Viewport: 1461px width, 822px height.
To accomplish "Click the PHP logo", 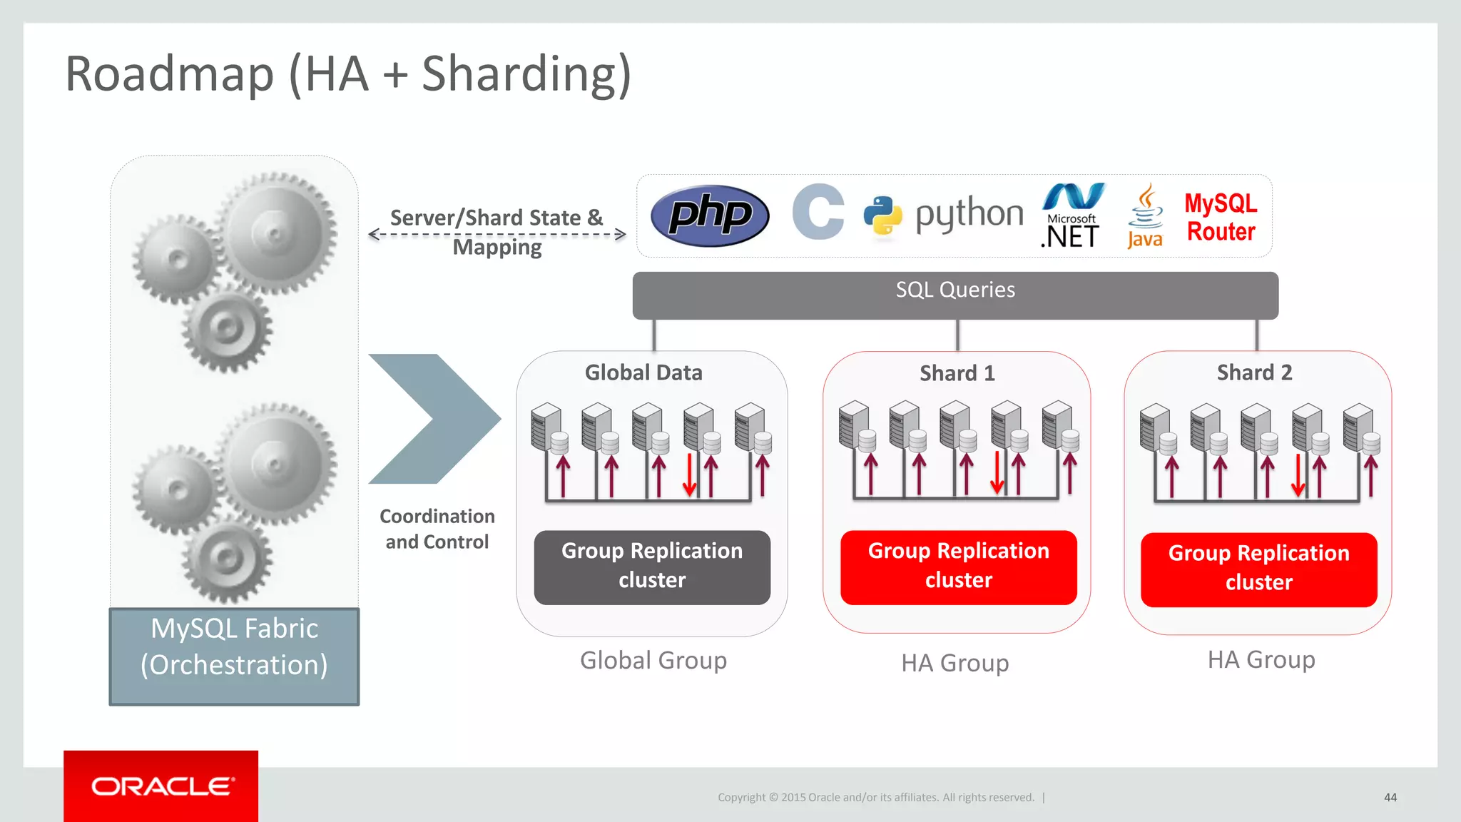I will pos(710,215).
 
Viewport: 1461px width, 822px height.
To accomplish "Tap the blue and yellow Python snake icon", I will pos(882,215).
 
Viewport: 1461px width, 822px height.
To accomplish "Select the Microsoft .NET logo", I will pos(1072,216).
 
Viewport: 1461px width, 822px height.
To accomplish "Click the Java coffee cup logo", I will pos(1145,216).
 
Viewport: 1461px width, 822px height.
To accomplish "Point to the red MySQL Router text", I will pos(1221,218).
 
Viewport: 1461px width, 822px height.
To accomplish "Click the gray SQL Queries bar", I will pos(955,294).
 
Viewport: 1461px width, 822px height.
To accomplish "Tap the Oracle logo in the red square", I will pos(161,786).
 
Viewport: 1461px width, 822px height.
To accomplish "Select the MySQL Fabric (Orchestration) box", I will pos(234,656).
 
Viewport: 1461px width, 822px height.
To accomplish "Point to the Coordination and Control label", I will pos(437,529).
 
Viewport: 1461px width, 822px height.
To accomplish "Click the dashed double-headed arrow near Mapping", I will pos(497,234).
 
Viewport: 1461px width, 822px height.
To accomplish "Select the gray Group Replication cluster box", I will pos(652,567).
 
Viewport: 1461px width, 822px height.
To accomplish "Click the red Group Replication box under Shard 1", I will pos(958,567).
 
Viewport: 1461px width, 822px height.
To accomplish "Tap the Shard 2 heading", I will pos(1254,372).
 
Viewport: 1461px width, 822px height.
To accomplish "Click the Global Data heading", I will pos(643,372).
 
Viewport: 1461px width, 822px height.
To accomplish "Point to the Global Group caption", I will pos(653,660).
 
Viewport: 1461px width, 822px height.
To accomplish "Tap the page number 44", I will pos(1390,797).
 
